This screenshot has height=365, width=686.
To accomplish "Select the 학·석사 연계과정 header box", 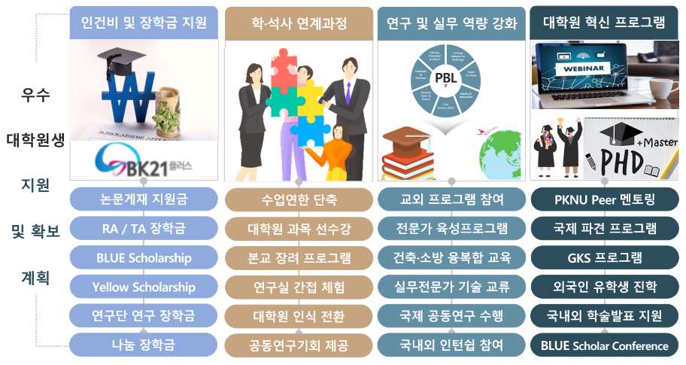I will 299,23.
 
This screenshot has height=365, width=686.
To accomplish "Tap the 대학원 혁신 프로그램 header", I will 604,23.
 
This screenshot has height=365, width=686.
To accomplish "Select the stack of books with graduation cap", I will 410,154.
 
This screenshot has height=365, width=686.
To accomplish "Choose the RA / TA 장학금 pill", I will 143,228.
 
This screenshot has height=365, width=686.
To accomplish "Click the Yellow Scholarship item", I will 143,287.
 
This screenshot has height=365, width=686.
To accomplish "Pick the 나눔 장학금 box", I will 143,345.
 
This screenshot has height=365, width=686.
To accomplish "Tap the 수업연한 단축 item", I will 299,199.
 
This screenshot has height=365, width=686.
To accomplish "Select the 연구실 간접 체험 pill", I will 299,287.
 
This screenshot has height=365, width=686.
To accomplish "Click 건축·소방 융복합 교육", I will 451,257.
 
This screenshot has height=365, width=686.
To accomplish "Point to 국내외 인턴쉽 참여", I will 451,345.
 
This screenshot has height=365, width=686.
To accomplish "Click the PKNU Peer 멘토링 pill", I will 604,199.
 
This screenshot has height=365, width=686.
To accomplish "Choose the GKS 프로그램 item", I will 604,257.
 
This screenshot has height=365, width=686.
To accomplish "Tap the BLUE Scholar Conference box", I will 604,345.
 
